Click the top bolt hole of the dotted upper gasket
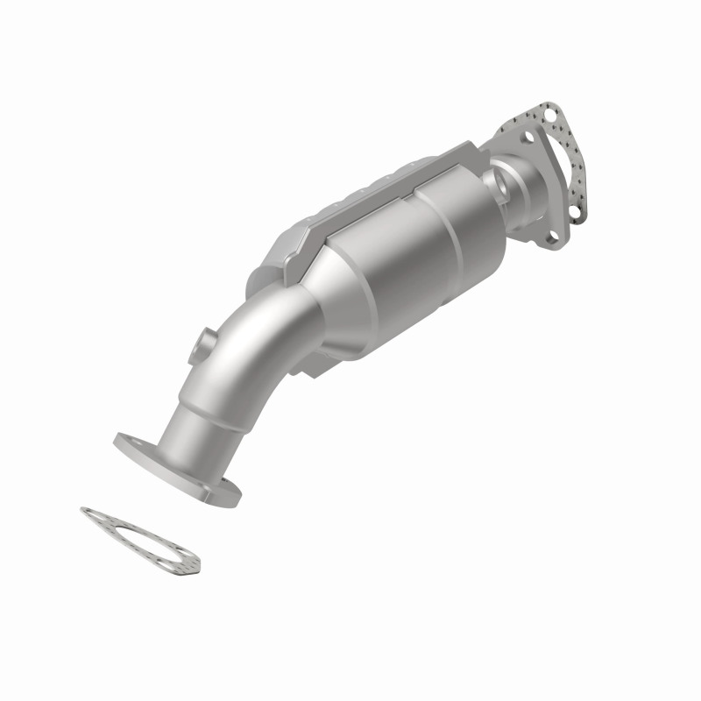point(549,112)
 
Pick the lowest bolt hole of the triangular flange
point(549,235)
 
